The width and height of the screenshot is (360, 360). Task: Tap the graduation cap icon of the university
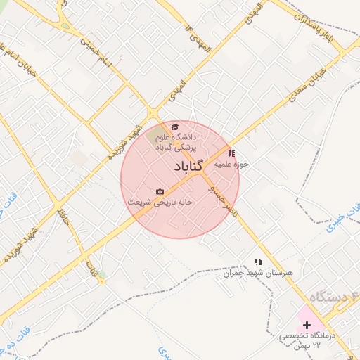175,127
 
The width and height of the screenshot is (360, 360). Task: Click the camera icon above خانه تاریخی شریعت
160,191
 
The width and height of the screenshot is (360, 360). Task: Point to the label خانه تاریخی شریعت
160,201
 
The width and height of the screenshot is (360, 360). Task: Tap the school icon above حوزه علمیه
232,153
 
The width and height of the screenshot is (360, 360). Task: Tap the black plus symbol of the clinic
306,324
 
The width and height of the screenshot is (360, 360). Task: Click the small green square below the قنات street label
102,274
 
